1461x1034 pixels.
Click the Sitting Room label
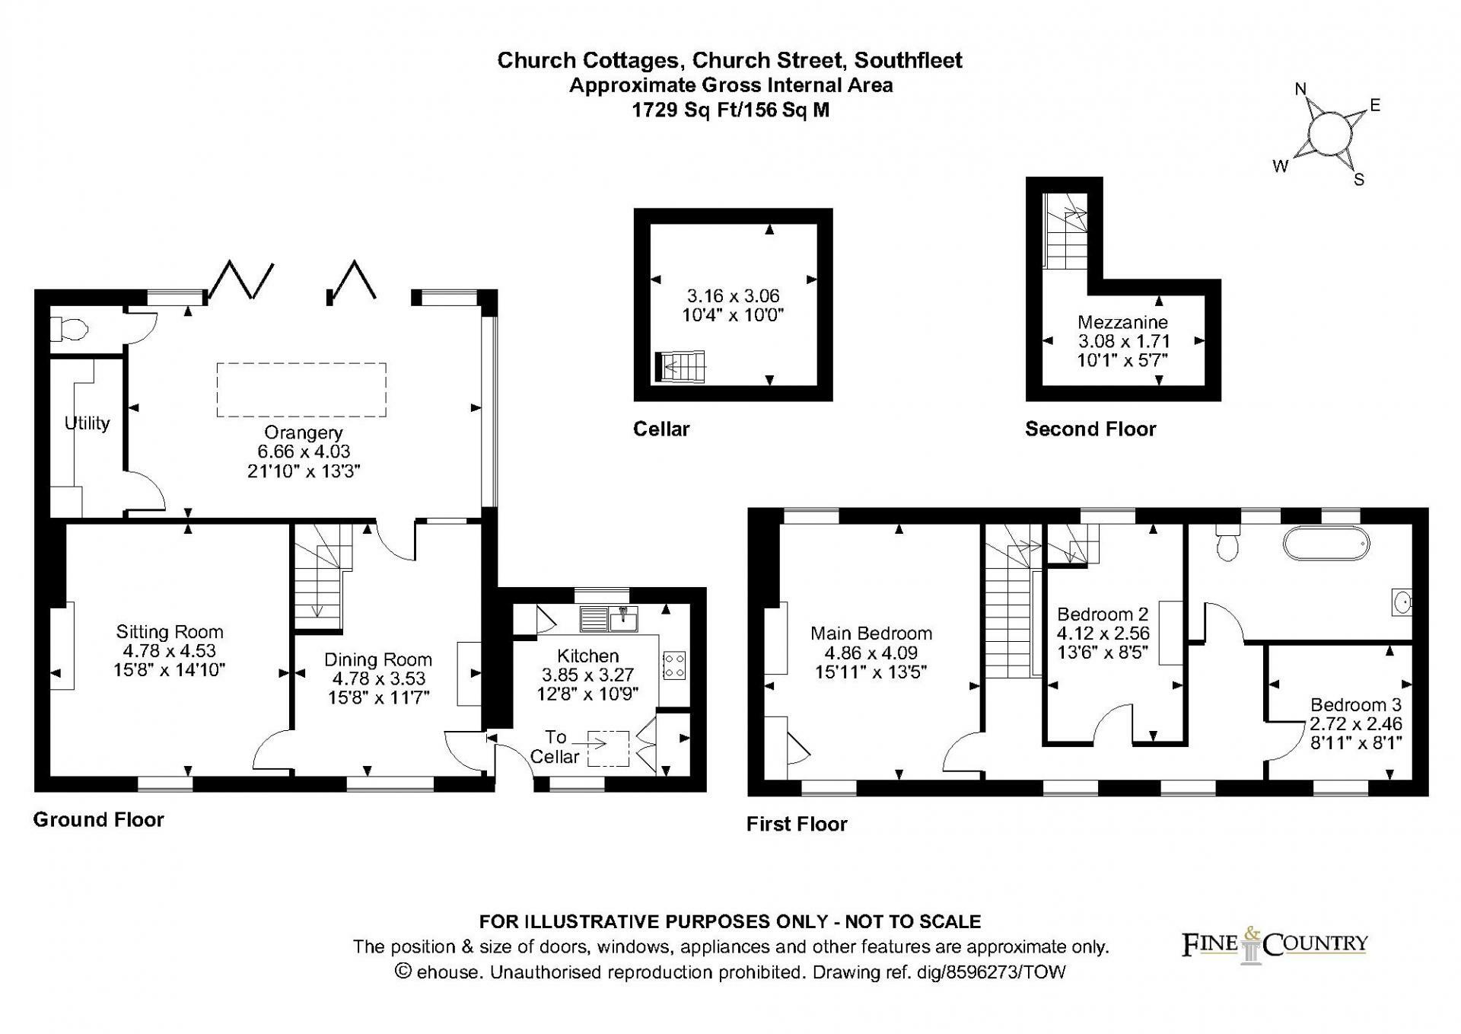(170, 631)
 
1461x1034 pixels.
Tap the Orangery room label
(304, 432)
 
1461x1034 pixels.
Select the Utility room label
(87, 423)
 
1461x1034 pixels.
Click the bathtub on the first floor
(1326, 545)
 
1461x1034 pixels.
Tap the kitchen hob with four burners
(674, 665)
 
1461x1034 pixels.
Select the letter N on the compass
(1300, 90)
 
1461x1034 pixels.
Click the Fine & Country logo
(1275, 945)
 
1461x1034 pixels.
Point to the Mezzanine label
(1122, 322)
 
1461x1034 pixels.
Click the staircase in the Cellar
(681, 366)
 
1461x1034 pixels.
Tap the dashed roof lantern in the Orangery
(301, 390)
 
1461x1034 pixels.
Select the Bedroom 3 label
(1355, 704)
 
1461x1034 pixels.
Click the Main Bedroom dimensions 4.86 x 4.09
(871, 653)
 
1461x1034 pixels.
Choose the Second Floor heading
(1090, 429)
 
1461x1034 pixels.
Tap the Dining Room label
(377, 659)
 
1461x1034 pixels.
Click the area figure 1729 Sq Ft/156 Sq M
(730, 110)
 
